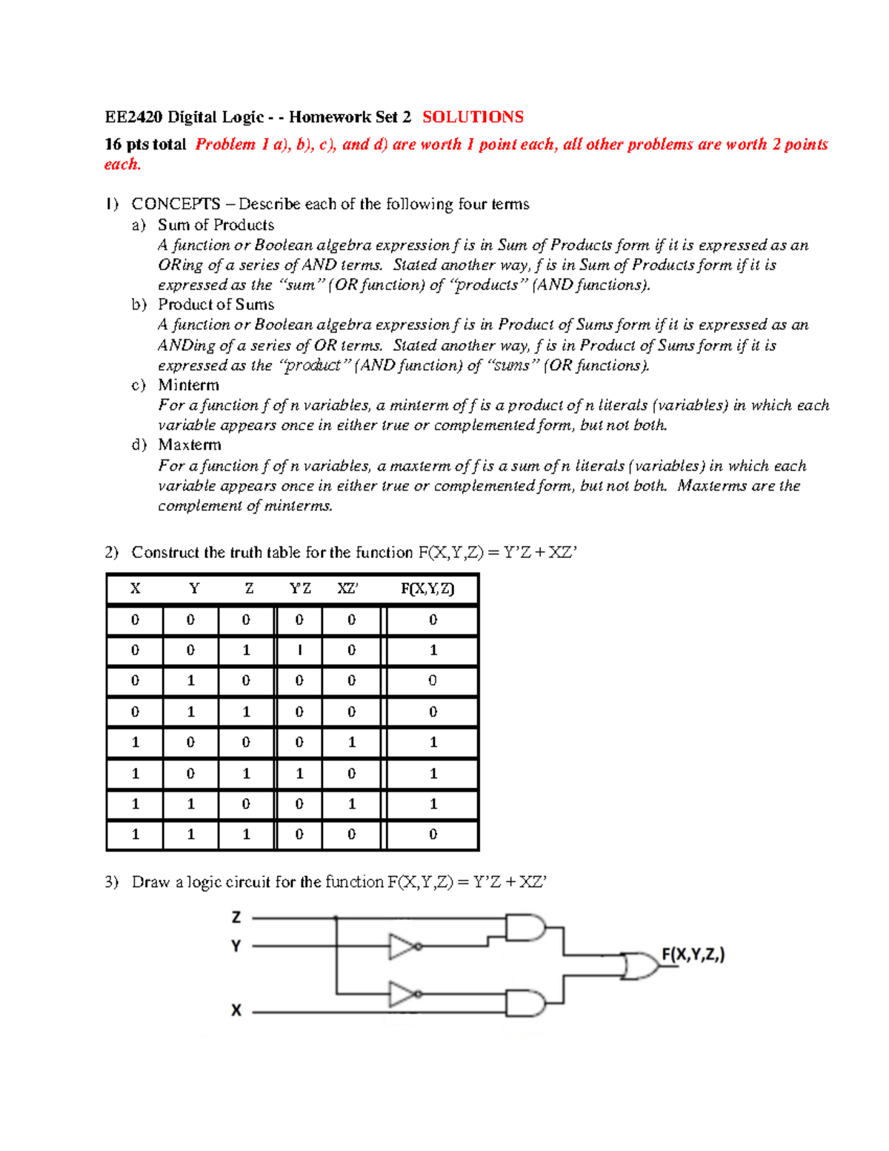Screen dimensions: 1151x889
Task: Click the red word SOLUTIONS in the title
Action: click(x=473, y=117)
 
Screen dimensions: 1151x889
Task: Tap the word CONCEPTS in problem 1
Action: click(x=176, y=204)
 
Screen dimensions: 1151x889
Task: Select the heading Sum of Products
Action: click(x=216, y=225)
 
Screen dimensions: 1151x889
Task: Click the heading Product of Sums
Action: click(x=216, y=305)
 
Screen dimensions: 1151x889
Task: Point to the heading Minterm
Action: click(x=188, y=385)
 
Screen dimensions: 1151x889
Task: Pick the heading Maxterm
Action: click(x=189, y=445)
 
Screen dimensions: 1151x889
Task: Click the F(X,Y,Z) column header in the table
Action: click(x=427, y=588)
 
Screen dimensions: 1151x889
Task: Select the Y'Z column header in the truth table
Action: click(x=299, y=588)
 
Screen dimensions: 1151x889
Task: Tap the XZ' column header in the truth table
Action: click(x=347, y=588)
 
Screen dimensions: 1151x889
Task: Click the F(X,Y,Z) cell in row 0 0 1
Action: click(x=433, y=650)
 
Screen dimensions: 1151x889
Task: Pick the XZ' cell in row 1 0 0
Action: click(x=351, y=742)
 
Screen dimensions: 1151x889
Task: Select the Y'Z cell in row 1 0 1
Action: click(x=299, y=773)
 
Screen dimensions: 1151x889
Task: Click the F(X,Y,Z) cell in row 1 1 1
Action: click(x=433, y=835)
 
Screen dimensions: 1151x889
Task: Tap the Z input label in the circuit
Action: click(x=236, y=918)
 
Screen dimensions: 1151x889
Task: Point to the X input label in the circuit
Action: click(x=236, y=1010)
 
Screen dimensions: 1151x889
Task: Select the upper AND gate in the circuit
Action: click(x=525, y=928)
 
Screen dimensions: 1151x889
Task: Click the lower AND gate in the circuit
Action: click(x=525, y=1003)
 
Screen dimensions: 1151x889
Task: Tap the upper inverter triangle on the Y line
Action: click(x=402, y=946)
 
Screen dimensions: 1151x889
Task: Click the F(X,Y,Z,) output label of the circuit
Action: click(x=693, y=955)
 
